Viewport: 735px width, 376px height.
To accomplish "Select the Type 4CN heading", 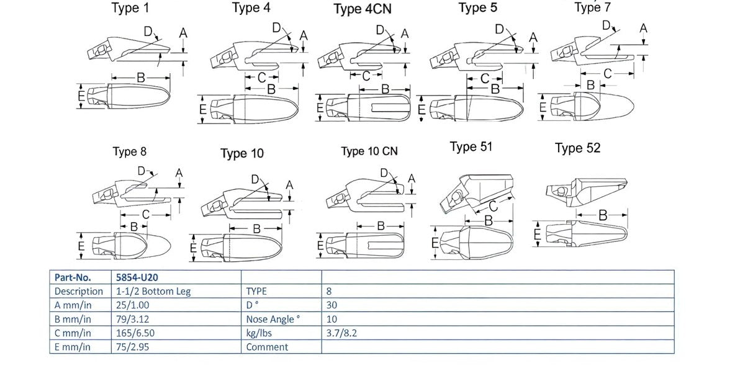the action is pyautogui.click(x=363, y=9).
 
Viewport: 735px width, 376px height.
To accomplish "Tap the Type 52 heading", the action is pyautogui.click(x=577, y=148).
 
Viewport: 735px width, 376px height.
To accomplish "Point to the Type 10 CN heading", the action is pyautogui.click(x=369, y=151).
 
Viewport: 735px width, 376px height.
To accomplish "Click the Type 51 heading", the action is pyautogui.click(x=471, y=146).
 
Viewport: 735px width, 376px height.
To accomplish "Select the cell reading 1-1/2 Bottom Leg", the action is pyautogui.click(x=153, y=291).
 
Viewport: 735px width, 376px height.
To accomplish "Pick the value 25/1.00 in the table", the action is pyautogui.click(x=131, y=305).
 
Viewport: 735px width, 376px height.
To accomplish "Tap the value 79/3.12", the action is pyautogui.click(x=131, y=319).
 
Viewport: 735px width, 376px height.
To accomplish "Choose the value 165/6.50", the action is pyautogui.click(x=135, y=333).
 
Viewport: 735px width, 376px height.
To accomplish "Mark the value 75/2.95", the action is pyautogui.click(x=131, y=347).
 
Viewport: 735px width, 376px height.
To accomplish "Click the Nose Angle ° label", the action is pyautogui.click(x=273, y=320).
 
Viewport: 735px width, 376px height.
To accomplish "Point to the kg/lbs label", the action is pyautogui.click(x=259, y=333).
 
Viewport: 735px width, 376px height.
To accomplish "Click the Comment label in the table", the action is pyautogui.click(x=267, y=347).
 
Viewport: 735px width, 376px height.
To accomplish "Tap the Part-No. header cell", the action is pyautogui.click(x=73, y=277).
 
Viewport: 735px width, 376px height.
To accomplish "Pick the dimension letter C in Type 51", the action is pyautogui.click(x=493, y=206).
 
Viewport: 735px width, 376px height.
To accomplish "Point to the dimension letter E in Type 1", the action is pyautogui.click(x=81, y=96).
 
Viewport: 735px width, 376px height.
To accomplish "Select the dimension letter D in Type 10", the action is pyautogui.click(x=255, y=179).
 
